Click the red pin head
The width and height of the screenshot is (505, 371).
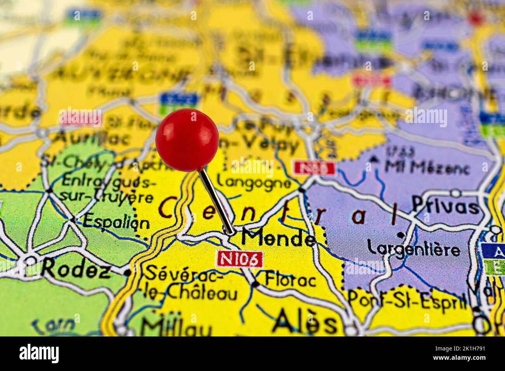point(187,140)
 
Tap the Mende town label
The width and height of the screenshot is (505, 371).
point(278,238)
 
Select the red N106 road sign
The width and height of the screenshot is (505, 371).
point(239,259)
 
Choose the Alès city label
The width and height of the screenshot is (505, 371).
point(305,322)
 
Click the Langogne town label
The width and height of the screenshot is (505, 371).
point(254,181)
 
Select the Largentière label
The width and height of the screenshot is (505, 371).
point(413,248)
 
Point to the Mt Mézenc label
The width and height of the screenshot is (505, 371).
point(427,167)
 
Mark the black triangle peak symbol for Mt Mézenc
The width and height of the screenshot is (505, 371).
point(374,159)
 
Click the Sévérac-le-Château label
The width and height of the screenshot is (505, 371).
point(190,283)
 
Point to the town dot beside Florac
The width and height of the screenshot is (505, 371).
point(255,284)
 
